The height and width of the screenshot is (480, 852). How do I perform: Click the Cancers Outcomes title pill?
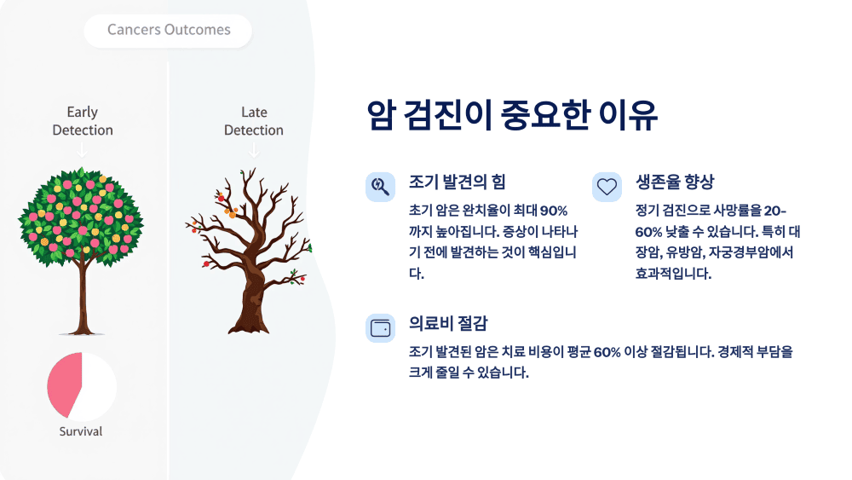tap(169, 30)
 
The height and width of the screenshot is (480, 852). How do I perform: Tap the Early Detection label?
tap(83, 121)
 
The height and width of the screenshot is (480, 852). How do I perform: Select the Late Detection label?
tap(254, 121)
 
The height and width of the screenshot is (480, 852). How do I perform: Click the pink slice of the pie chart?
tap(65, 385)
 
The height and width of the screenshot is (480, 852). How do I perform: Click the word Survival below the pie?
tap(81, 431)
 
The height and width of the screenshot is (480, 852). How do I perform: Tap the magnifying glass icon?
tap(379, 186)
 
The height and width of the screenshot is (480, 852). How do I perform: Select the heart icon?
tap(607, 186)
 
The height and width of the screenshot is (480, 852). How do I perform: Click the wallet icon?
tap(379, 328)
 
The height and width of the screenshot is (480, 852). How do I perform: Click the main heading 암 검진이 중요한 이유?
tap(512, 116)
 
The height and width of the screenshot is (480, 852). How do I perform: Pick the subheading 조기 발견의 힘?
tap(457, 182)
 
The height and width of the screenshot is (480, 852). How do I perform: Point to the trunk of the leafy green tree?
tap(82, 294)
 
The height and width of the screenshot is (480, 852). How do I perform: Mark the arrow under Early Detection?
tap(82, 149)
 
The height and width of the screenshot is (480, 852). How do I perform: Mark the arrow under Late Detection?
tap(253, 149)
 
